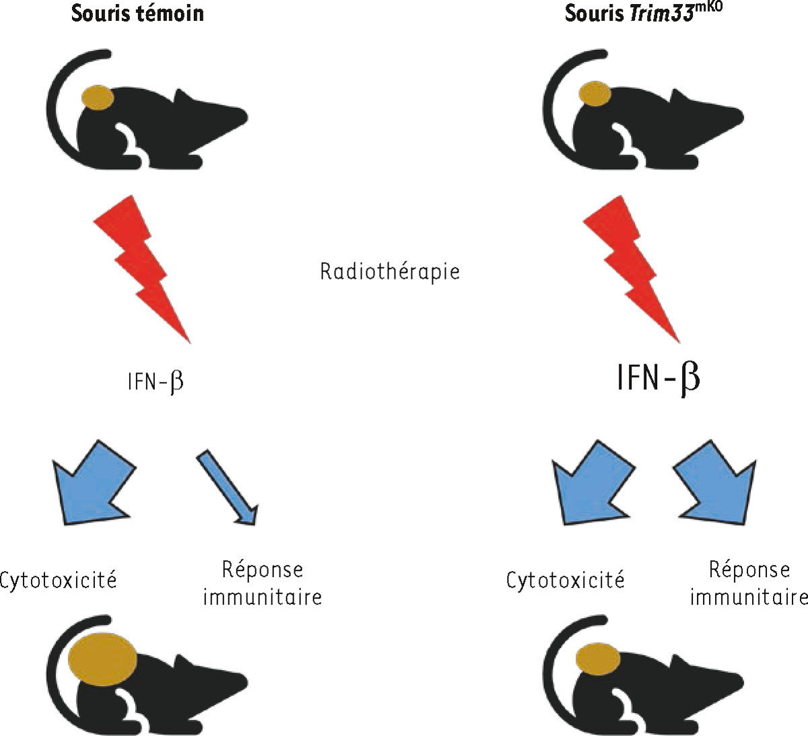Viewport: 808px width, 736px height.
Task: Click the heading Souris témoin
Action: click(x=137, y=13)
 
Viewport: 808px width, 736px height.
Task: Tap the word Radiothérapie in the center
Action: click(x=390, y=271)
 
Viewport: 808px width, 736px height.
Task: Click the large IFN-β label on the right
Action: click(x=658, y=378)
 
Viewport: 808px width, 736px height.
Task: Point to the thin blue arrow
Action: click(x=227, y=487)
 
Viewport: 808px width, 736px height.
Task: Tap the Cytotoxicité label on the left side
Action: click(x=59, y=580)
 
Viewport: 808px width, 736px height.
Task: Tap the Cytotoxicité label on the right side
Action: click(x=565, y=580)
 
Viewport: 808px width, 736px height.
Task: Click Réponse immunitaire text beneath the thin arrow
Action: click(x=263, y=583)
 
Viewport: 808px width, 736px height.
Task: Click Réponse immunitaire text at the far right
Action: click(x=749, y=583)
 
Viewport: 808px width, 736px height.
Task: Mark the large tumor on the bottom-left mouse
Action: click(x=102, y=659)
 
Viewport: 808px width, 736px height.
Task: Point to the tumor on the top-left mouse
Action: click(x=98, y=98)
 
